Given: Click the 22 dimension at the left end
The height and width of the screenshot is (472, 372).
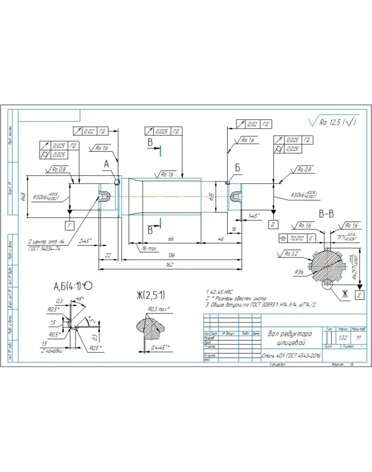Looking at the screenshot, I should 108,255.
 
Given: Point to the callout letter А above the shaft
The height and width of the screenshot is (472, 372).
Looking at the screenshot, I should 106,164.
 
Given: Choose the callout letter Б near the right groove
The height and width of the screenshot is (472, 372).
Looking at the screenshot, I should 238,168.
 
